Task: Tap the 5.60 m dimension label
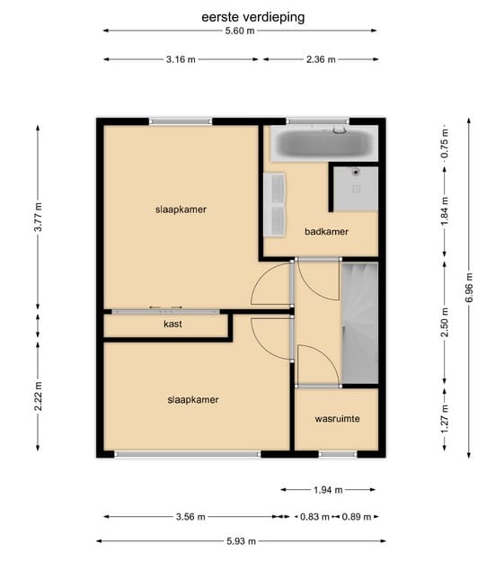click(x=240, y=31)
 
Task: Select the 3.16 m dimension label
click(x=181, y=60)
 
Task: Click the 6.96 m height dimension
click(x=467, y=287)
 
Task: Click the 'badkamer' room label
click(x=326, y=231)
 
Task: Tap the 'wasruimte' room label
click(x=337, y=419)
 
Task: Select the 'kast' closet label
click(x=172, y=324)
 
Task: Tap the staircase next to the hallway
click(x=360, y=319)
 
